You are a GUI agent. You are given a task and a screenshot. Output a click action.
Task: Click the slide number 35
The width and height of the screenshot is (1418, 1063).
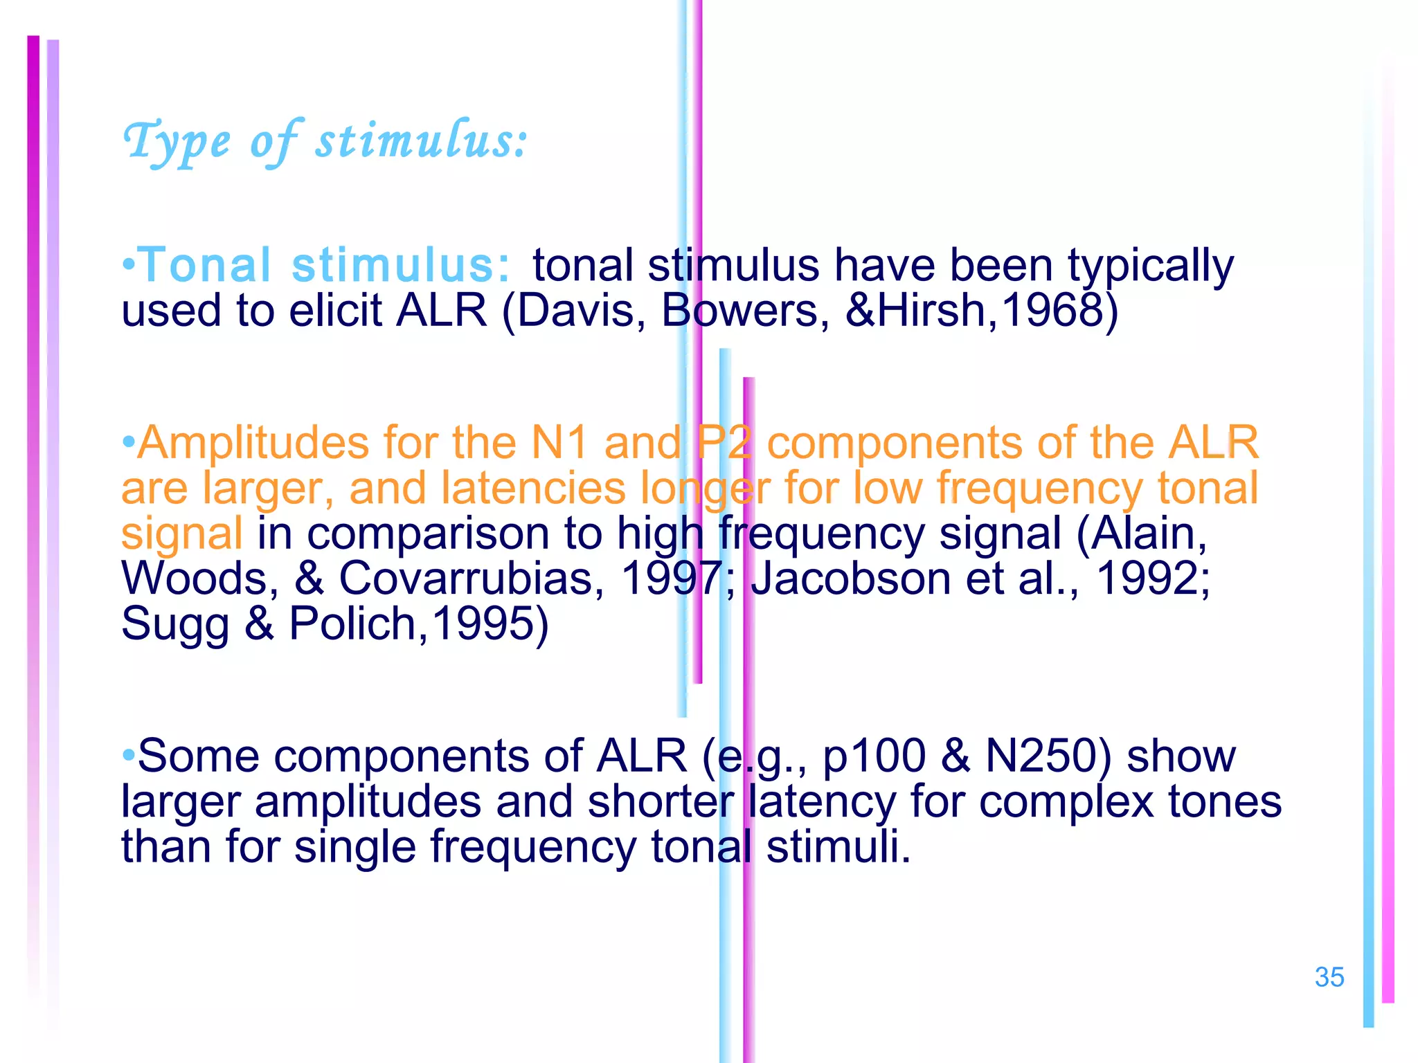click(1329, 977)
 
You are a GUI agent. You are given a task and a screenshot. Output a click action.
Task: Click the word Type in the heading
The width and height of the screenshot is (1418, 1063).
click(177, 142)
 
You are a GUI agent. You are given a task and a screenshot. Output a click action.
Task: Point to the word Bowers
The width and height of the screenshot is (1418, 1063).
click(745, 310)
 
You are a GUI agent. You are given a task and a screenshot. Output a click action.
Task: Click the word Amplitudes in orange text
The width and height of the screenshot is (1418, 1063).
click(252, 443)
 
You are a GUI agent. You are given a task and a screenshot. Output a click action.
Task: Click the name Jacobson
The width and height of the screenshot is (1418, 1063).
click(850, 578)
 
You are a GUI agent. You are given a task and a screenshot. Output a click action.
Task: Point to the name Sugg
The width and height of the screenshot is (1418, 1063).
click(174, 624)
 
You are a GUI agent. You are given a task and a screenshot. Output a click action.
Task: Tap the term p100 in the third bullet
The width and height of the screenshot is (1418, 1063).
click(874, 756)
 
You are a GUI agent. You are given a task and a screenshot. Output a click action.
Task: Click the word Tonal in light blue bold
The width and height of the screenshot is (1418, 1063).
click(206, 265)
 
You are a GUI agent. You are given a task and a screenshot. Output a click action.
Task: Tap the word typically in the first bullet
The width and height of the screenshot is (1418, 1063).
click(1150, 266)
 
